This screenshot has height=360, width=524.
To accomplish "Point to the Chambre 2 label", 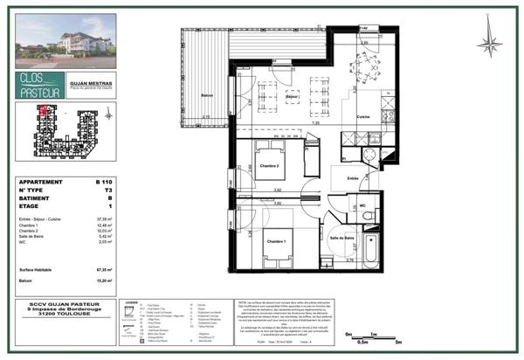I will tap(268, 165).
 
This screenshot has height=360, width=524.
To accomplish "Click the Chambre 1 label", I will tap(278, 241).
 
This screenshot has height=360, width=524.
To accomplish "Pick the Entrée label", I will tap(352, 178).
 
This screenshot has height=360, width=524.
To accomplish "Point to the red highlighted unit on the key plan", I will tap(41, 111).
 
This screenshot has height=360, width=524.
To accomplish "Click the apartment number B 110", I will tap(105, 183).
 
